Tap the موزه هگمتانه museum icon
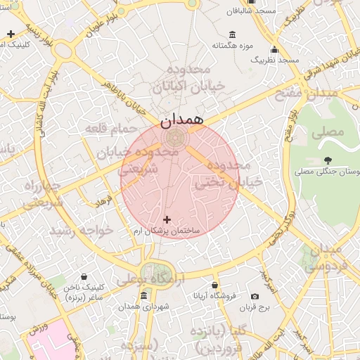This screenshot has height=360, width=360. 233,35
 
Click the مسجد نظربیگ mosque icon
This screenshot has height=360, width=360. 274,49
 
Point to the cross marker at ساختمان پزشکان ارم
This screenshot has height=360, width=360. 167,220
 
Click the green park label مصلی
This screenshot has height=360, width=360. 330,131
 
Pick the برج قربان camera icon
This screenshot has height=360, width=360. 254,297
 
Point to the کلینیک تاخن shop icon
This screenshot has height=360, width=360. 84,278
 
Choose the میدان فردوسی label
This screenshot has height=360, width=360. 324,258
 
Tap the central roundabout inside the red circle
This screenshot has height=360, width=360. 176,137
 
